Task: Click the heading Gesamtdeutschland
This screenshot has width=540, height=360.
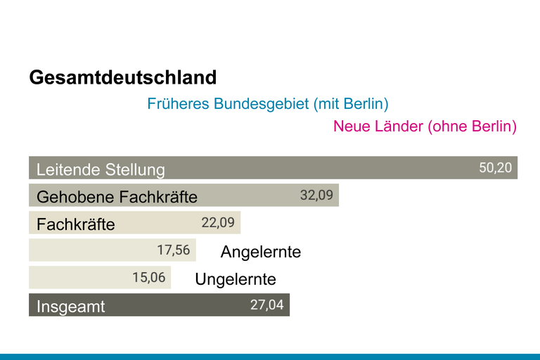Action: pyautogui.click(x=123, y=77)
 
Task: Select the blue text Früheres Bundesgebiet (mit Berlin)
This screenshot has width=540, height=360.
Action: pyautogui.click(x=268, y=104)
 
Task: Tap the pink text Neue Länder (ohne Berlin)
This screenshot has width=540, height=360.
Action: pyautogui.click(x=425, y=127)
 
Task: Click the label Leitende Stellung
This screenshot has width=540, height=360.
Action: pyautogui.click(x=101, y=169)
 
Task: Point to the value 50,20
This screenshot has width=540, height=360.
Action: pyautogui.click(x=496, y=168)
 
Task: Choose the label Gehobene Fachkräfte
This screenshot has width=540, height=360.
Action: pyautogui.click(x=117, y=196)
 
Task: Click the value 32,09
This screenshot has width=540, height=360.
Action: pyautogui.click(x=316, y=195)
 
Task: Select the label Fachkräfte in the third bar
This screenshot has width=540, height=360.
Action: pyautogui.click(x=75, y=224)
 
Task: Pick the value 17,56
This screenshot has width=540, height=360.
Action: pyautogui.click(x=173, y=250)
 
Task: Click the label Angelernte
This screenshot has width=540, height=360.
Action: pyautogui.click(x=261, y=252)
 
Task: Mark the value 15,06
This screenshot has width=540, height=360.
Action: pyautogui.click(x=149, y=277)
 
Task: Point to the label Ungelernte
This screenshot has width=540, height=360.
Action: pyautogui.click(x=236, y=279)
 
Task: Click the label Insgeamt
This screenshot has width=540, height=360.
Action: pyautogui.click(x=70, y=307)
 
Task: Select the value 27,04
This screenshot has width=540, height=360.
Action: pyautogui.click(x=267, y=304)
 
